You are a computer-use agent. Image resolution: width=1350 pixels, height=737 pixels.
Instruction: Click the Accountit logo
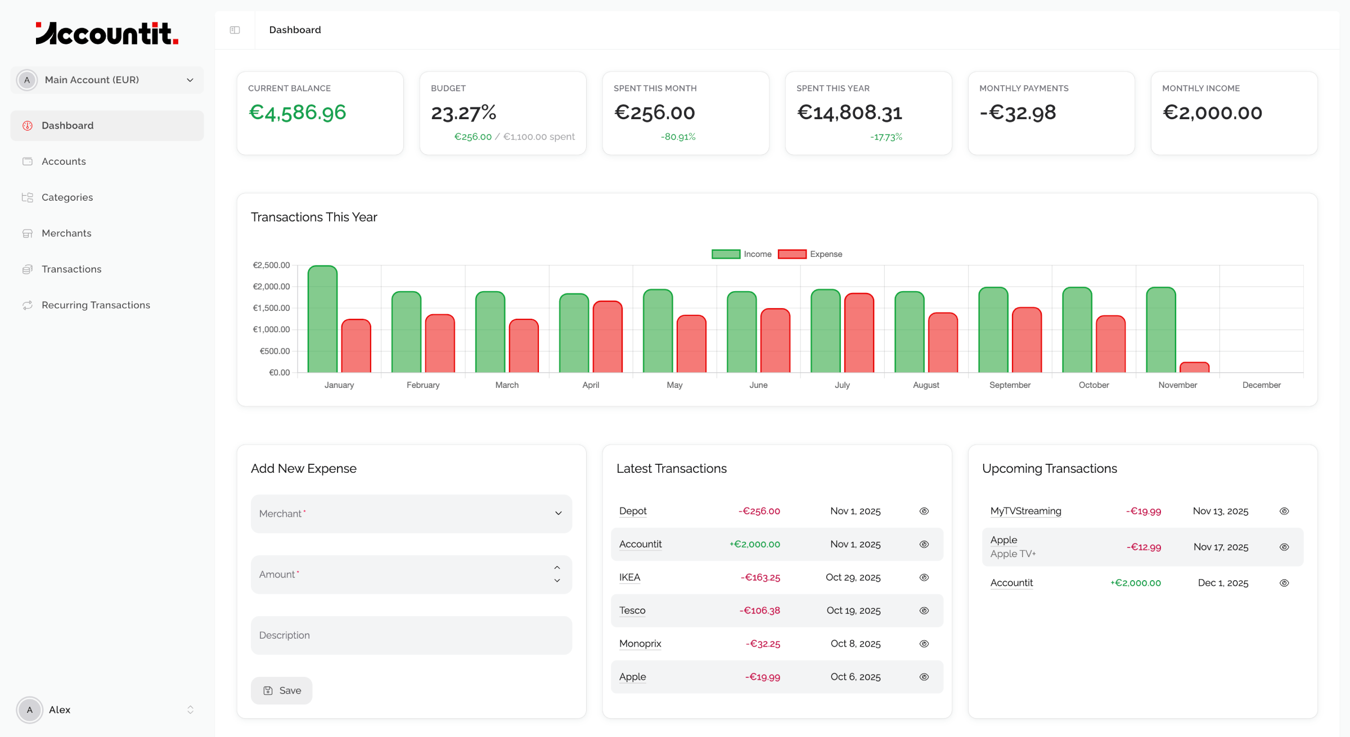click(107, 33)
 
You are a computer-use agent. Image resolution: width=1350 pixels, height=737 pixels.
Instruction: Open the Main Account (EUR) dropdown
click(107, 80)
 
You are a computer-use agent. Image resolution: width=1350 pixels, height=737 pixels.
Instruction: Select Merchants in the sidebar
click(66, 233)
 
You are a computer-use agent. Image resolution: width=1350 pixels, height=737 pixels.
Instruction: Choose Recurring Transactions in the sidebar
click(96, 305)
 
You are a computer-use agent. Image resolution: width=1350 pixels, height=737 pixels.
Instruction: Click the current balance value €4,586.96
click(297, 112)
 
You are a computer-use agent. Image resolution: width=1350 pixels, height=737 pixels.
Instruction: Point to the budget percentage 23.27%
click(463, 113)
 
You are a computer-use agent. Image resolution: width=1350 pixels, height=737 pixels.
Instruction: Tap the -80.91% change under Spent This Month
click(678, 137)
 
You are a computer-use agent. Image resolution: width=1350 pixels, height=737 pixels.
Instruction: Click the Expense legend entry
click(810, 254)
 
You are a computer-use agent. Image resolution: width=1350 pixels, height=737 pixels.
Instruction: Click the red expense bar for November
click(1194, 368)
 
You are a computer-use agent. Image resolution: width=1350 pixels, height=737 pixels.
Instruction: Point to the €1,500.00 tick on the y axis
click(271, 308)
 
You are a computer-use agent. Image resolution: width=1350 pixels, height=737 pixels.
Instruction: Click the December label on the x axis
click(1261, 385)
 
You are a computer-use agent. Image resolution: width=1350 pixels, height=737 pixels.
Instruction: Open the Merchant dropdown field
click(411, 513)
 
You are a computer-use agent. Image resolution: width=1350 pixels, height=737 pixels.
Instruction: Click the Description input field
click(411, 635)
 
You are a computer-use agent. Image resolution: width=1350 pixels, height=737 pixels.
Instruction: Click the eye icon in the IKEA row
click(924, 577)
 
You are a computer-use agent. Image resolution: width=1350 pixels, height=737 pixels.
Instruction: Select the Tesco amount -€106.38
click(759, 611)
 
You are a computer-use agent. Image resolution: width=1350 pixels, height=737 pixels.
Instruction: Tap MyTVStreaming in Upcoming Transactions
click(1025, 511)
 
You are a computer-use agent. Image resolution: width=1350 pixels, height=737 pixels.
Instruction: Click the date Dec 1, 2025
click(1223, 583)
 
